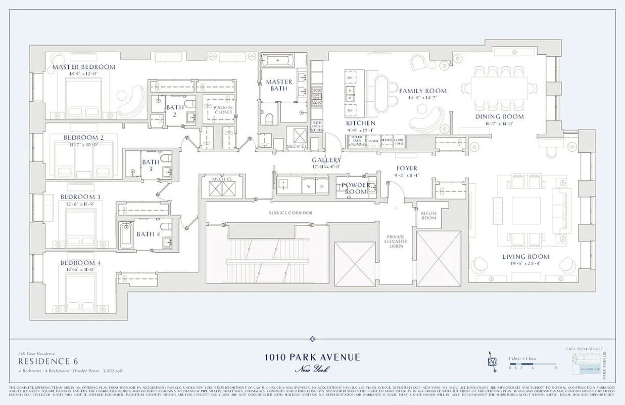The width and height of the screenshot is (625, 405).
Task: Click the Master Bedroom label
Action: click(84, 67)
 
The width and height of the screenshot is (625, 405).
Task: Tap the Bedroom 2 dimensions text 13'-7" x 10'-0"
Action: click(84, 144)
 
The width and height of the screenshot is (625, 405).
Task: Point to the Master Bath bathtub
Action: click(277, 61)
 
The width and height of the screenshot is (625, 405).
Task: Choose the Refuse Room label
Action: click(428, 215)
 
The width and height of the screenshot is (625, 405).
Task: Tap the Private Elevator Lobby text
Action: click(397, 241)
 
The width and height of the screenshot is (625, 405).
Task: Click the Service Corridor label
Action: click(290, 213)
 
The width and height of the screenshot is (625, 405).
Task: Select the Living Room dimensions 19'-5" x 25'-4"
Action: click(525, 263)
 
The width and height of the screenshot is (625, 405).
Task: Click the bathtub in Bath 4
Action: click(126, 234)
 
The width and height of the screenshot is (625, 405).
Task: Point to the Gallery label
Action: click(326, 160)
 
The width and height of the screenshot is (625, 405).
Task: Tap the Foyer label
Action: click(406, 169)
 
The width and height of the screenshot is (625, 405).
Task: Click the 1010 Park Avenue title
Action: click(312, 357)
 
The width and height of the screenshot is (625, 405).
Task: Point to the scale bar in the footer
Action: click(531, 363)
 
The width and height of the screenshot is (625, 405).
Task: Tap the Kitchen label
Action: click(360, 123)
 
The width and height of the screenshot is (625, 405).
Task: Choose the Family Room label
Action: click(423, 91)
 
